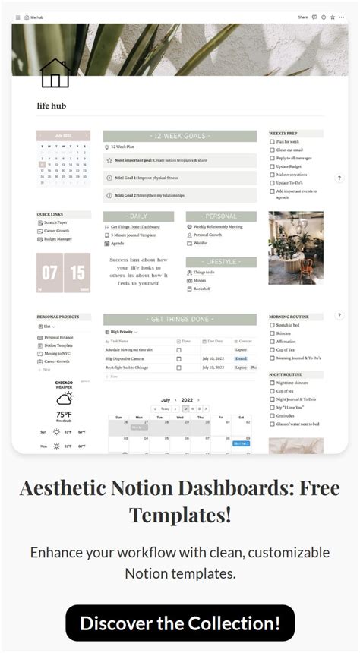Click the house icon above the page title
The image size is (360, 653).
[55, 74]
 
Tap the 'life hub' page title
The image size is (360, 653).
[52, 106]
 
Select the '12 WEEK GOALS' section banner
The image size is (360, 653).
[179, 136]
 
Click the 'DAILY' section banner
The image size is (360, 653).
[138, 216]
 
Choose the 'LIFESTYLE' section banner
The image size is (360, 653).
[220, 262]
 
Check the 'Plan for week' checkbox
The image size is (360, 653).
[272, 141]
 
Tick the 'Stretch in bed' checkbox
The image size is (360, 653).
[272, 325]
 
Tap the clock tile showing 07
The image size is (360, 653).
[49, 273]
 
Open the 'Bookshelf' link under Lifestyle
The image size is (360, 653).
[202, 289]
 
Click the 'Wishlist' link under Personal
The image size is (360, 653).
[201, 244]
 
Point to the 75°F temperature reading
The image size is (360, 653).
[64, 414]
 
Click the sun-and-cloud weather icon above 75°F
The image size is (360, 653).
[64, 398]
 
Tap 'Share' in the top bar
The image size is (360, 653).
[303, 17]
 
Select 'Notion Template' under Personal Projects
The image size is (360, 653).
[58, 345]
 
